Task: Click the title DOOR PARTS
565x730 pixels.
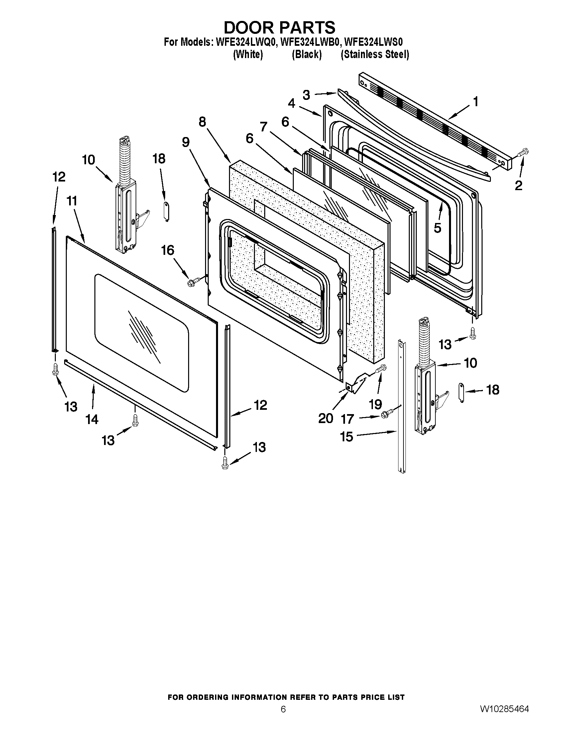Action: (x=279, y=28)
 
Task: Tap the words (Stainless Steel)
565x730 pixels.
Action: (x=375, y=54)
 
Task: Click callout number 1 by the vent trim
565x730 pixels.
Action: (x=476, y=101)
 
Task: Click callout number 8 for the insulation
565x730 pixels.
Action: (x=202, y=122)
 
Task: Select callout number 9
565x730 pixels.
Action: (x=186, y=142)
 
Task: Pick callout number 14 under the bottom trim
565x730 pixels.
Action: (x=92, y=419)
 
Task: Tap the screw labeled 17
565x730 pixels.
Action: (x=385, y=415)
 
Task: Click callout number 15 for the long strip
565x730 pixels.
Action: (x=347, y=437)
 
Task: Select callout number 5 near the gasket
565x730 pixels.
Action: (x=437, y=228)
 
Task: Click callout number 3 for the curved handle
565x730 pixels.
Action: (x=306, y=95)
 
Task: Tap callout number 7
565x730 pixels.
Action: (x=264, y=127)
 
